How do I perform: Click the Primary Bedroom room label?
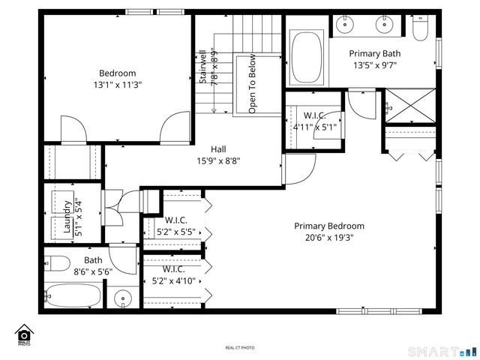pos(328,226)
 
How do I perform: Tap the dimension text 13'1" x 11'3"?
pos(117,85)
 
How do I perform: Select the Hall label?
pos(218,148)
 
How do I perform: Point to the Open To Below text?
pos(253,84)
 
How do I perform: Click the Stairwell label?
pos(202,67)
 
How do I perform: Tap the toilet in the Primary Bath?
pos(421,28)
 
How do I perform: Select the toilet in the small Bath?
pos(58,263)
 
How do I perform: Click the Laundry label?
pos(67,217)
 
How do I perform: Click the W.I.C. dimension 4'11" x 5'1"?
pos(316,127)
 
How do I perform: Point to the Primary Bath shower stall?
pos(409,106)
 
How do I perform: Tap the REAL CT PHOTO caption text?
pos(240,347)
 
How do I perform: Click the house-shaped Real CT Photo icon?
pos(24,334)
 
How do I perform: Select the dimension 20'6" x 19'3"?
pos(328,237)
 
